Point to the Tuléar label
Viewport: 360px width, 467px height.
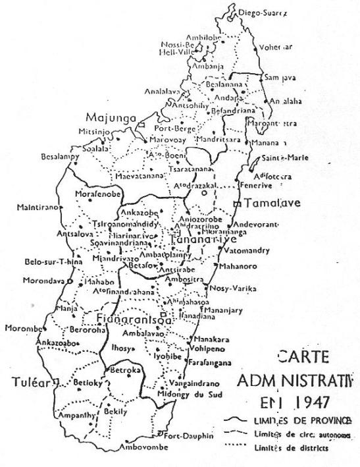[x=32, y=382]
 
